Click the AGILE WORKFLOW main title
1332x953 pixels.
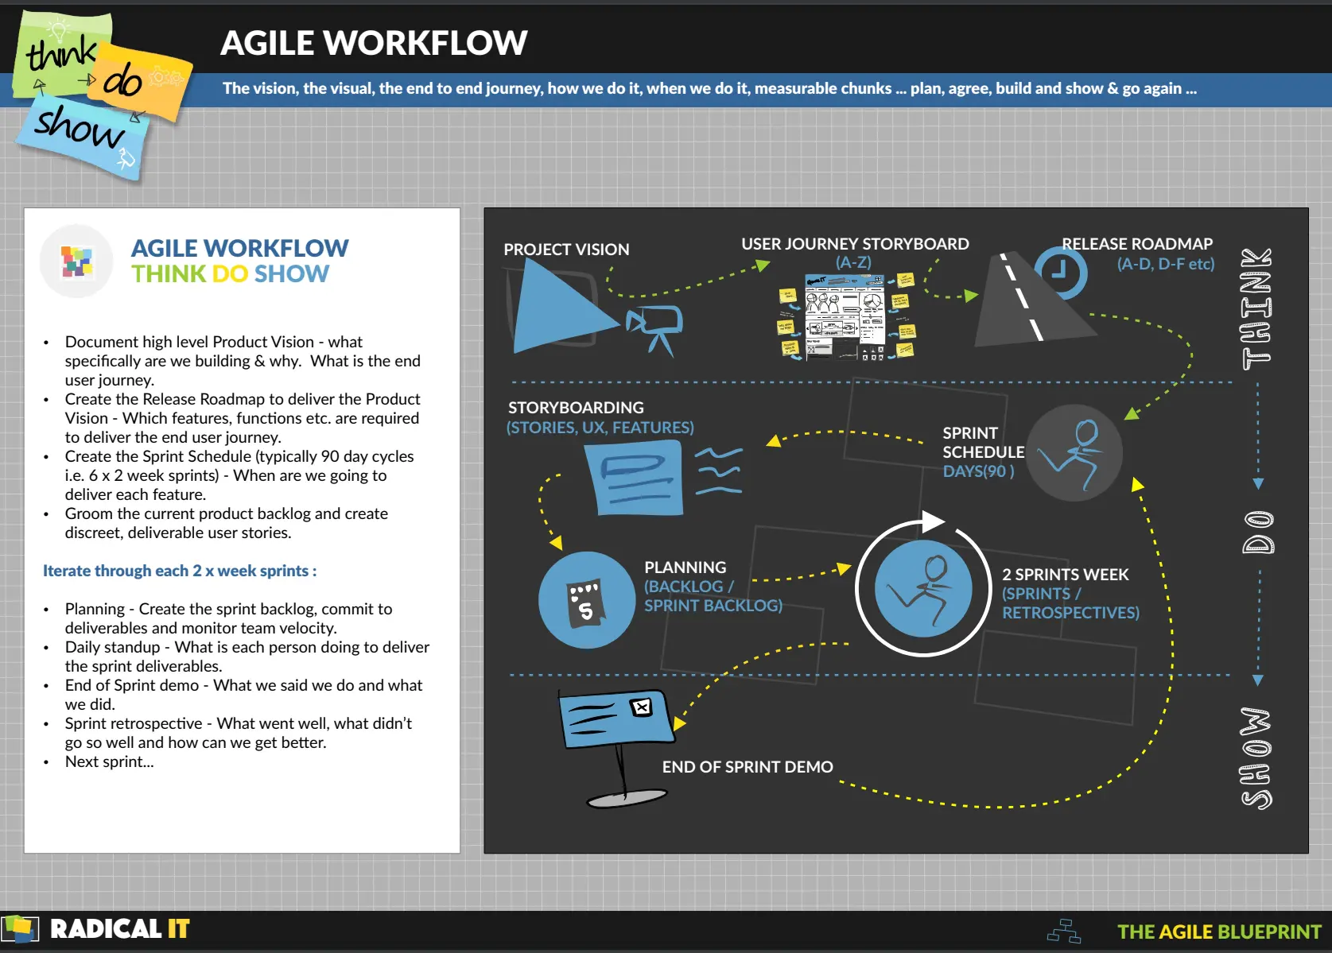pos(373,43)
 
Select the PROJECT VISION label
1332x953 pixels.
pos(566,250)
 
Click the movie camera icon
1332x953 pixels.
pos(655,327)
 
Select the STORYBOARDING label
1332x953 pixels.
pos(576,408)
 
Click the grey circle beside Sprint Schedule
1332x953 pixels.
pos(1074,453)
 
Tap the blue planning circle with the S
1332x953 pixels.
pos(586,600)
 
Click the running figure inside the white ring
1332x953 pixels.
pos(923,589)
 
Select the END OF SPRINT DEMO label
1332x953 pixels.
pos(748,767)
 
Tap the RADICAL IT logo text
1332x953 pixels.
pos(119,929)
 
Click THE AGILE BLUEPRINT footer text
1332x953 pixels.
pos(1218,932)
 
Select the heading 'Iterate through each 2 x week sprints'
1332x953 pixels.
pos(180,571)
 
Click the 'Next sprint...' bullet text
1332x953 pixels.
pos(110,761)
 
